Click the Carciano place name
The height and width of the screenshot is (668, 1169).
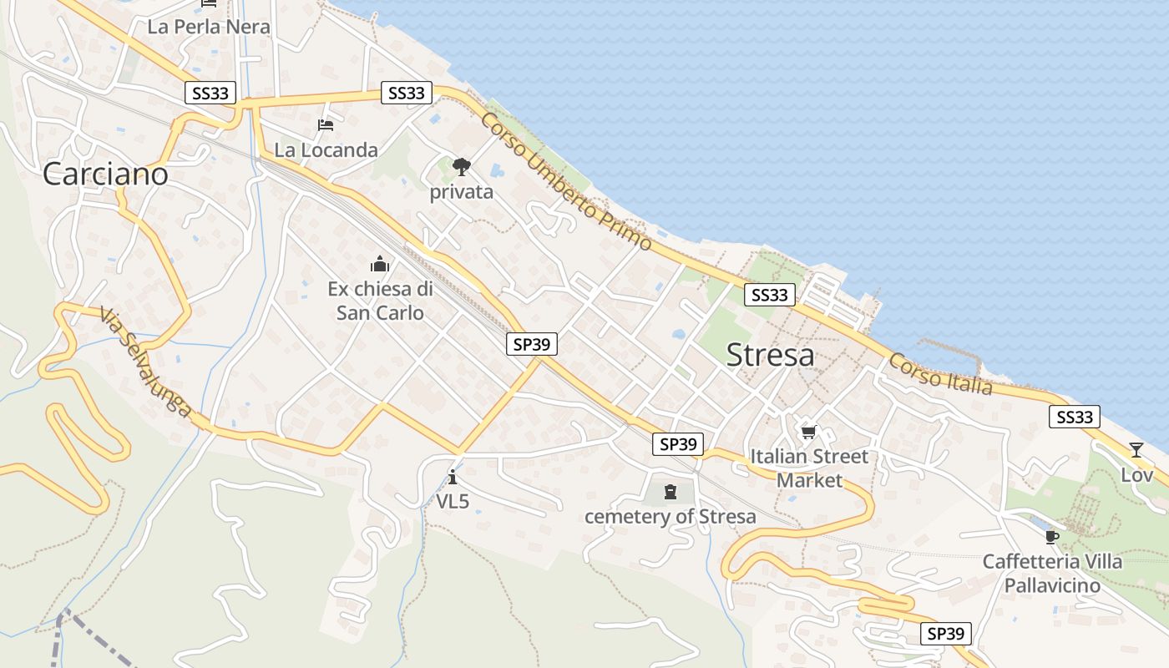click(105, 174)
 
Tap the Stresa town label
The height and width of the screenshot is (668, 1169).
click(770, 355)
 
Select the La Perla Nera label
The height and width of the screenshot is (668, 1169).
click(209, 27)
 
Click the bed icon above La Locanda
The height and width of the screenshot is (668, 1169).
click(326, 125)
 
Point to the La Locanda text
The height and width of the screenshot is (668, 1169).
click(326, 150)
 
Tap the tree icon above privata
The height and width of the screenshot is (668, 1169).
click(461, 167)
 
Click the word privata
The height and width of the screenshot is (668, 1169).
click(461, 192)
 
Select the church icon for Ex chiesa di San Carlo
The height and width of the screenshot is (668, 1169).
click(380, 265)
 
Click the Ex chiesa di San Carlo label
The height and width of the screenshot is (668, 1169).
click(380, 301)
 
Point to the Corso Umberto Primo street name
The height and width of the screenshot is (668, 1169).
click(565, 180)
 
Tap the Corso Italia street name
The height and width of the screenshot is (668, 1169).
click(940, 374)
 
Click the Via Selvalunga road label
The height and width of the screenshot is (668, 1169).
click(145, 363)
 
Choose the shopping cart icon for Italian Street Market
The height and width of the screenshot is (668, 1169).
click(807, 432)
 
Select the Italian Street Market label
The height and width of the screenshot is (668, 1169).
click(809, 468)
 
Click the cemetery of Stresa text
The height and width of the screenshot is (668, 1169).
click(670, 516)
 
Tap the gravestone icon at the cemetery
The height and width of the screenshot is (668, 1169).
click(670, 492)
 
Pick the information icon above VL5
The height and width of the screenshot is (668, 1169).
click(453, 478)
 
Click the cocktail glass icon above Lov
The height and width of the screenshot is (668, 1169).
click(1136, 450)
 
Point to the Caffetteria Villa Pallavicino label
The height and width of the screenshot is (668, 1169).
click(1052, 573)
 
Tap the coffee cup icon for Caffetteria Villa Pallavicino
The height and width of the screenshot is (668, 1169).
click(1051, 536)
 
